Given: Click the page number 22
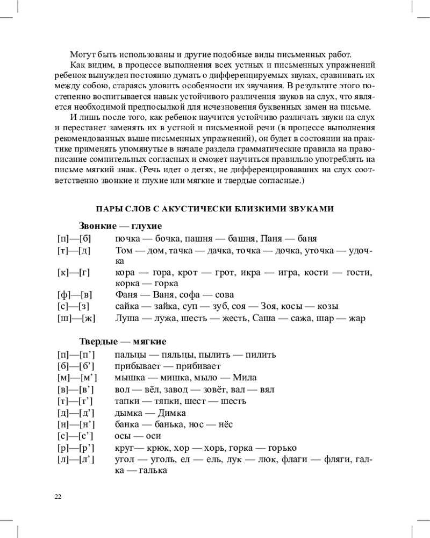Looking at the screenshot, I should [58, 496].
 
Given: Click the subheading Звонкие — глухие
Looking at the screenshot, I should [120, 226].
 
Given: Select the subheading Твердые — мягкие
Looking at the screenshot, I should [123, 342].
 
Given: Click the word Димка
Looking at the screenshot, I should [171, 413].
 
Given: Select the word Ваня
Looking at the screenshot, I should [161, 294].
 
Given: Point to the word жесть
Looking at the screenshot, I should [236, 318].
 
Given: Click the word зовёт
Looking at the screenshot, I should [206, 389].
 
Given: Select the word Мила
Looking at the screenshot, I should [247, 377].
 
